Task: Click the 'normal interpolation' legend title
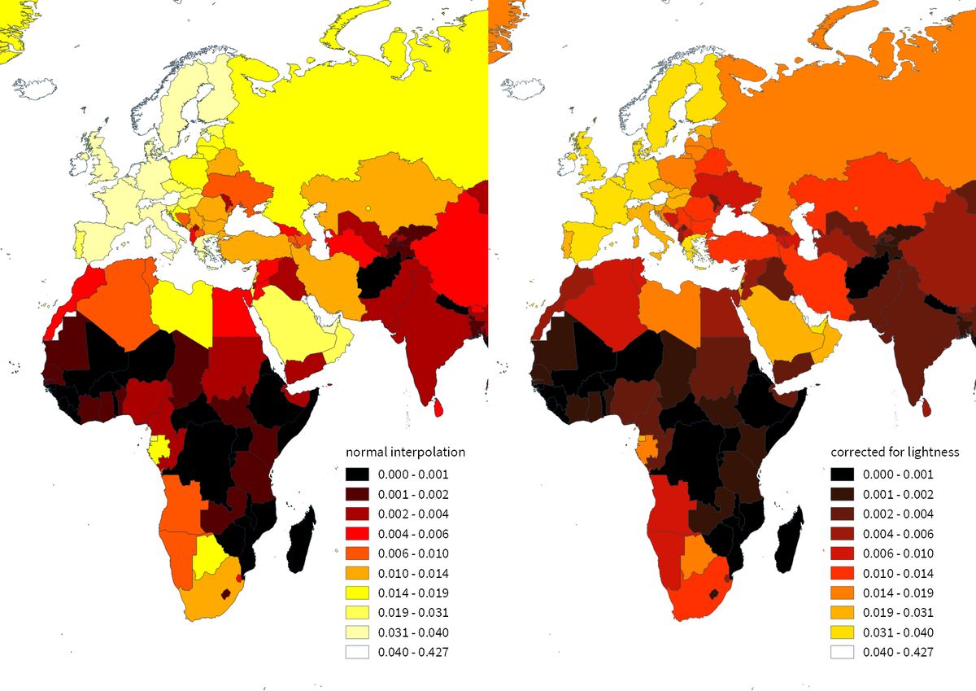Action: [406, 452]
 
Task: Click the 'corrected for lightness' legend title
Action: [895, 452]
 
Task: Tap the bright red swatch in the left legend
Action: [357, 534]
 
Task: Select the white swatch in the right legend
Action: [843, 652]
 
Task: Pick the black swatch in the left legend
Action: [357, 475]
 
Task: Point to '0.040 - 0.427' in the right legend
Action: [898, 652]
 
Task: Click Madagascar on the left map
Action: [300, 541]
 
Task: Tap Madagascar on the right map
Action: [788, 541]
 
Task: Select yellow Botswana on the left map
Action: [209, 556]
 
